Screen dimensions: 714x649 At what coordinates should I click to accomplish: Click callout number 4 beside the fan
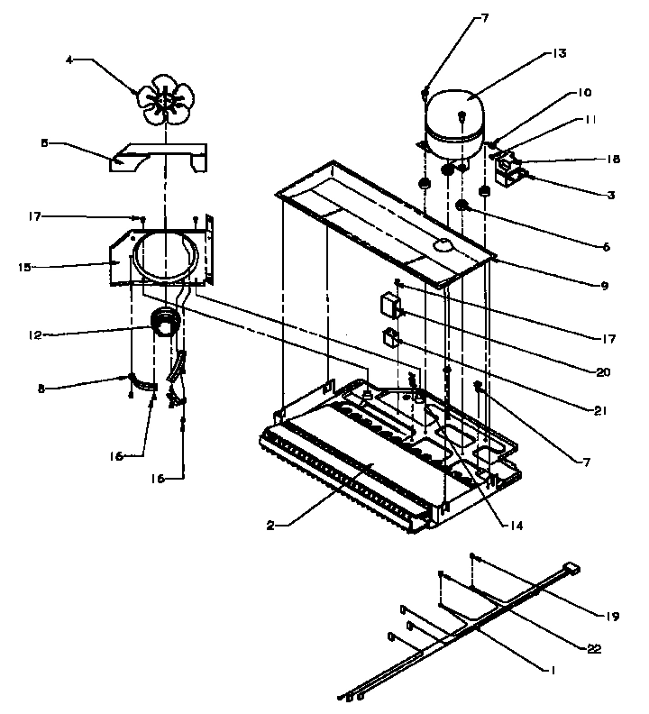(x=69, y=60)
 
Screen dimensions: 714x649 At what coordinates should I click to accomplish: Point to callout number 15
(x=24, y=267)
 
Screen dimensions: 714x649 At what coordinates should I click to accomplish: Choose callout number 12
(x=33, y=335)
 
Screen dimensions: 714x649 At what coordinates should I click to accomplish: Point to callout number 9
(x=605, y=286)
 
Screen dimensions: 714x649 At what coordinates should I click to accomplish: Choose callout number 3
(x=610, y=195)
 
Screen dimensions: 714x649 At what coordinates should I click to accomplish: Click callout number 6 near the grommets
(x=607, y=246)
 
